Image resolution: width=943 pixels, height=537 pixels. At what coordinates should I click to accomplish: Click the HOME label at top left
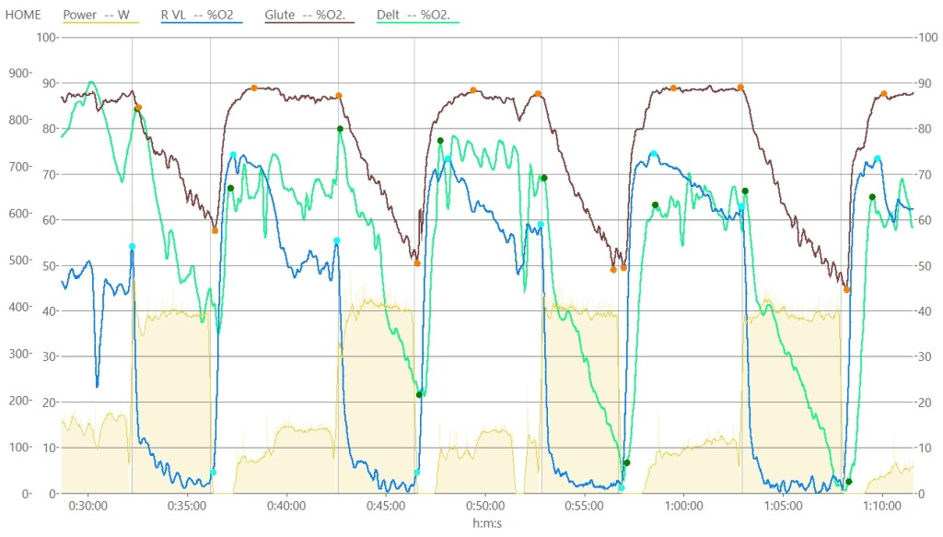(x=23, y=15)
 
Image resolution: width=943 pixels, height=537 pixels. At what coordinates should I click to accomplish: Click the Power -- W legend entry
(x=96, y=15)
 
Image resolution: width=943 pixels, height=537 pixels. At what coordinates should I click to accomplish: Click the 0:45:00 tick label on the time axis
(x=385, y=506)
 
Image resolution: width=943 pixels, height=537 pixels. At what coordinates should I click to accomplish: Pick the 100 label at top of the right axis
(x=925, y=37)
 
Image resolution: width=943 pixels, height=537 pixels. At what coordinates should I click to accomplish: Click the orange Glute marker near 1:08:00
(x=847, y=290)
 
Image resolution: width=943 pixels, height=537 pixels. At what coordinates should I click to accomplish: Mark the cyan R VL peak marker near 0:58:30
(x=653, y=154)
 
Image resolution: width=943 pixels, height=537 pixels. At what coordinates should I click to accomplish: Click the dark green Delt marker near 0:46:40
(x=419, y=395)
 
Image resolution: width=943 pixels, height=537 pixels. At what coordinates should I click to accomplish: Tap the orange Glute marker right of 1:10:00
(x=883, y=94)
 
